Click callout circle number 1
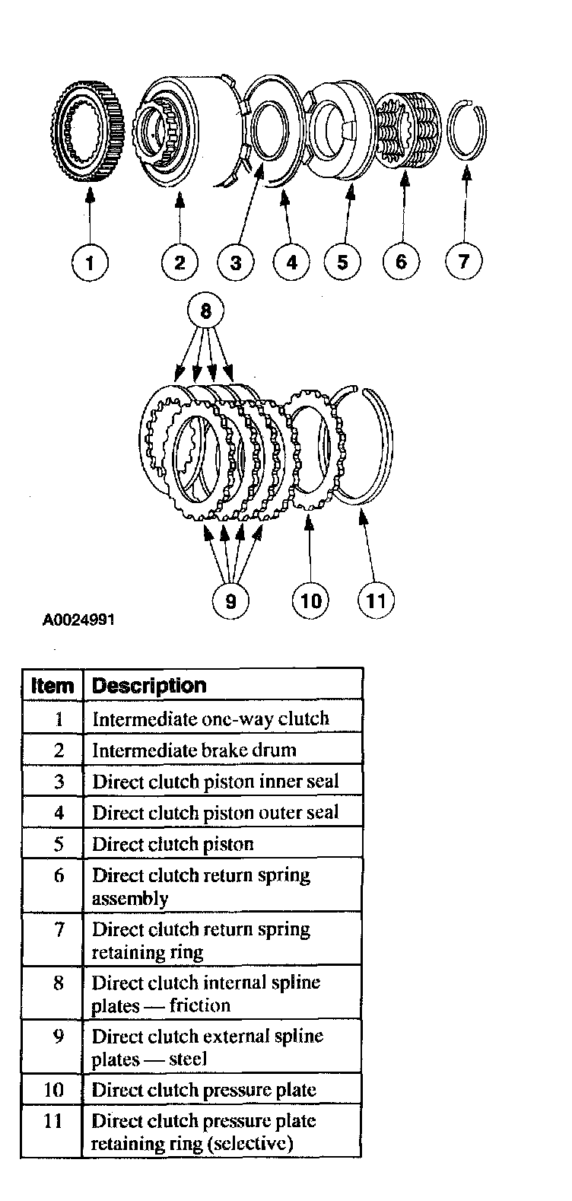click(90, 263)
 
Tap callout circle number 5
click(342, 263)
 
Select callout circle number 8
click(205, 313)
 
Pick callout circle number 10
click(310, 600)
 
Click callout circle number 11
click(376, 600)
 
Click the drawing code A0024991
click(78, 620)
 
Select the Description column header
click(149, 686)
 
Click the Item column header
click(52, 686)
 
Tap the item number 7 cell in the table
click(59, 929)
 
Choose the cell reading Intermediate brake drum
click(194, 750)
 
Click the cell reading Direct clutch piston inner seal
click(215, 782)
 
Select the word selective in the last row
click(255, 1144)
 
